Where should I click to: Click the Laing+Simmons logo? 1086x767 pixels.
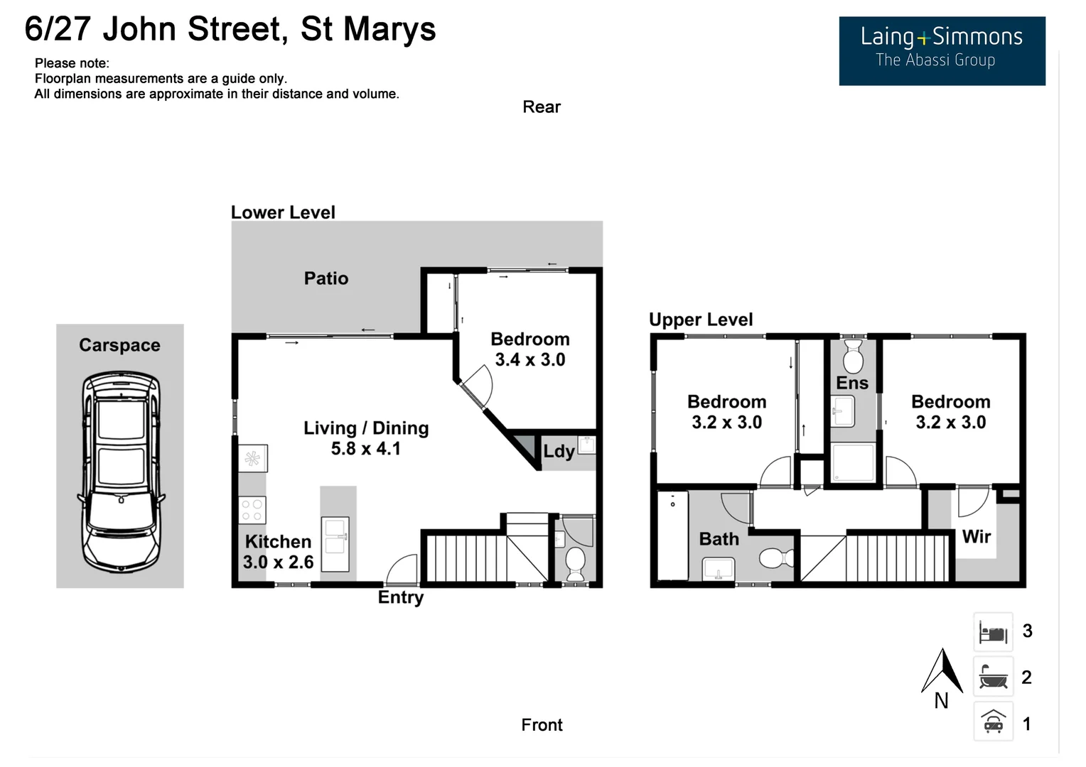point(941,50)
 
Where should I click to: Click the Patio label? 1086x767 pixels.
point(326,278)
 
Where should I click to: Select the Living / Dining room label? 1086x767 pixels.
point(366,428)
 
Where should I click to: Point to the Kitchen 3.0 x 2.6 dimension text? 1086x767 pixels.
point(278,562)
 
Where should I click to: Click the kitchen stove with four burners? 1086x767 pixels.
point(252,510)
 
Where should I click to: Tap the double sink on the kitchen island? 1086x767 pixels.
point(335,544)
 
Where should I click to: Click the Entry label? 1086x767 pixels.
point(400,597)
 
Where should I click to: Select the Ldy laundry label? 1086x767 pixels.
point(559,452)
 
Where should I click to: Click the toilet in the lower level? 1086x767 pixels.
point(574,562)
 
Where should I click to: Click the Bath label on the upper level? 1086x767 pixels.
point(719,539)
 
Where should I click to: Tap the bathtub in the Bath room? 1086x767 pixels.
point(672,535)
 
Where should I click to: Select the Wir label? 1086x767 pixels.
point(976,537)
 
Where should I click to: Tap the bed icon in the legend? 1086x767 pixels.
point(993,631)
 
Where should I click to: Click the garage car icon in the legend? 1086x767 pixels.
point(993,722)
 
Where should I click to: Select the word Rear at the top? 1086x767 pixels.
point(542,107)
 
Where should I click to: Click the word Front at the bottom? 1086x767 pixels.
point(542,725)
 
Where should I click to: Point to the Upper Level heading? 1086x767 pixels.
point(701,320)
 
